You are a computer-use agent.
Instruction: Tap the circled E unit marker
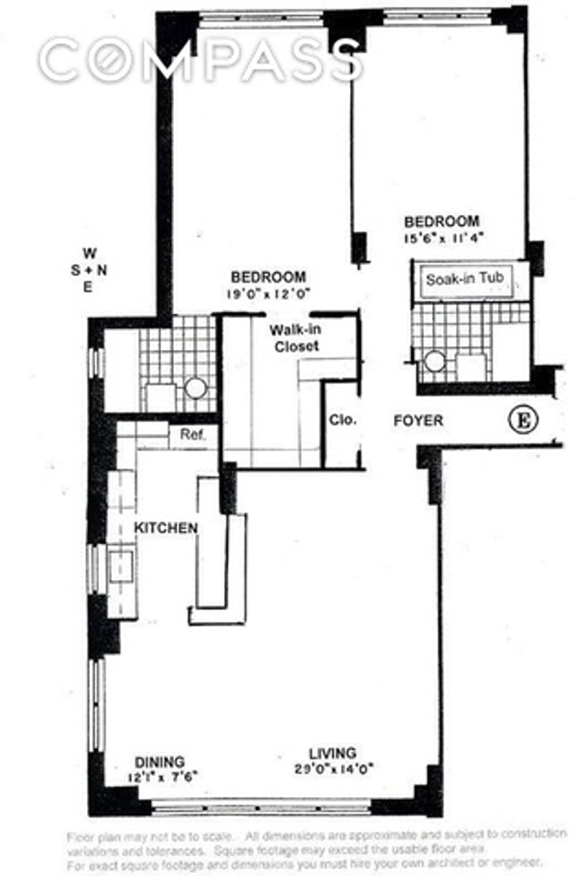click(x=523, y=420)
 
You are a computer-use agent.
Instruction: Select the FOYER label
click(x=418, y=420)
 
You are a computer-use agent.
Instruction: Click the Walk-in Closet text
click(x=294, y=338)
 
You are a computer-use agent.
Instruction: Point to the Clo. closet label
click(x=343, y=420)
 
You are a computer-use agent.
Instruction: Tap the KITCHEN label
click(x=166, y=528)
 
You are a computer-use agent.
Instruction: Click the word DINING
click(x=160, y=762)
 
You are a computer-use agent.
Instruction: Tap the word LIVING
click(x=333, y=753)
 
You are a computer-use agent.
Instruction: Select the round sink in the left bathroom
click(x=195, y=389)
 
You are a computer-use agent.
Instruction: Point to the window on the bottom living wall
click(x=262, y=807)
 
